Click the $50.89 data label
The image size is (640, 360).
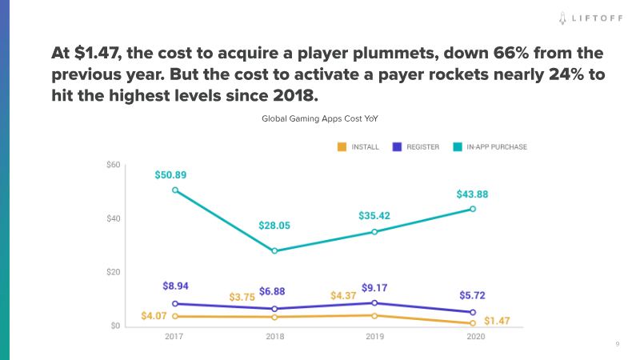tap(175, 174)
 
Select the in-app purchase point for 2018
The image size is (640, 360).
tap(274, 251)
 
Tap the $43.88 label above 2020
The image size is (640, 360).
tap(473, 194)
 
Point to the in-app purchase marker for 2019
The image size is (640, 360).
tap(374, 232)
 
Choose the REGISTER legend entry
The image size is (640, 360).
tap(416, 147)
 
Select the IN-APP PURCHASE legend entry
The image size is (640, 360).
tap(487, 147)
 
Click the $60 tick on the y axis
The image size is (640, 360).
tap(113, 165)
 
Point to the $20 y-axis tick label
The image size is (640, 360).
tap(113, 273)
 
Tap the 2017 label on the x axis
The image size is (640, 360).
tap(175, 338)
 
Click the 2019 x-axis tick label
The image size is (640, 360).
tap(374, 338)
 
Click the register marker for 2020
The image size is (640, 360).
tap(473, 312)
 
